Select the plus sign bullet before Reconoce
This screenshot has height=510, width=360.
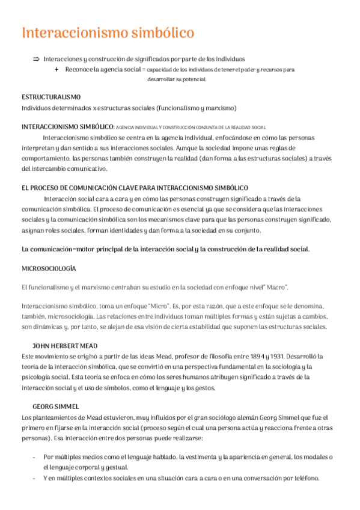[56, 70]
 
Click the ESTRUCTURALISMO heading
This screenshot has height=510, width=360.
[51, 97]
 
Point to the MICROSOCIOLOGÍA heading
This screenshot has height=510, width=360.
[49, 268]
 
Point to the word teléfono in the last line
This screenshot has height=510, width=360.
[303, 478]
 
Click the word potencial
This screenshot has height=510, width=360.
[193, 79]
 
